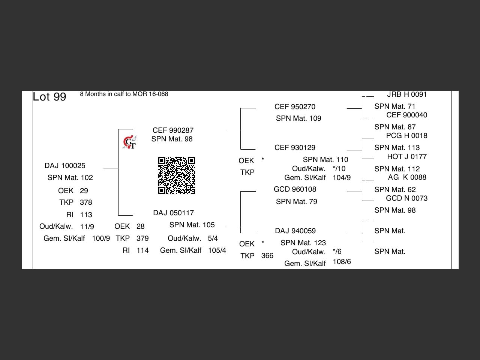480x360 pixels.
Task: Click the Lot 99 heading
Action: tap(49, 97)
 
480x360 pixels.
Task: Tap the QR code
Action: tap(177, 175)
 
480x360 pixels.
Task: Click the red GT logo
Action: tap(130, 142)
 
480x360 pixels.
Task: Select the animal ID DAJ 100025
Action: tap(65, 166)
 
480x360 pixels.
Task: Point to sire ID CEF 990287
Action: tap(173, 130)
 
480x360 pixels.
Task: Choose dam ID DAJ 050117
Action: tap(173, 213)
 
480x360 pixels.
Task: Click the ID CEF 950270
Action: tap(295, 107)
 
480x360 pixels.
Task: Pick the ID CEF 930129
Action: tap(295, 148)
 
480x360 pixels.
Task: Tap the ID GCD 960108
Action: tap(295, 189)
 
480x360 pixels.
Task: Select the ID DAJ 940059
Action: tap(295, 231)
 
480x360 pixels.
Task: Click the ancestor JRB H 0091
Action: tap(407, 94)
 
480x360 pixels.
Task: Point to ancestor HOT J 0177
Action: tap(407, 157)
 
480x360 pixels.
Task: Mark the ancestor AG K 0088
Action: tap(407, 177)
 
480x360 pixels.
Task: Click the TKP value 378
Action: tap(86, 202)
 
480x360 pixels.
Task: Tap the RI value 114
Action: tap(142, 250)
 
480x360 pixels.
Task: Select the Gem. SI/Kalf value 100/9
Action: tap(101, 238)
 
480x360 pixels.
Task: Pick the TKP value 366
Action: tap(267, 256)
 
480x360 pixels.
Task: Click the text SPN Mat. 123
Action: tap(303, 243)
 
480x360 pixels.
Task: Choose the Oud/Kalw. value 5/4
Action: tap(213, 238)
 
